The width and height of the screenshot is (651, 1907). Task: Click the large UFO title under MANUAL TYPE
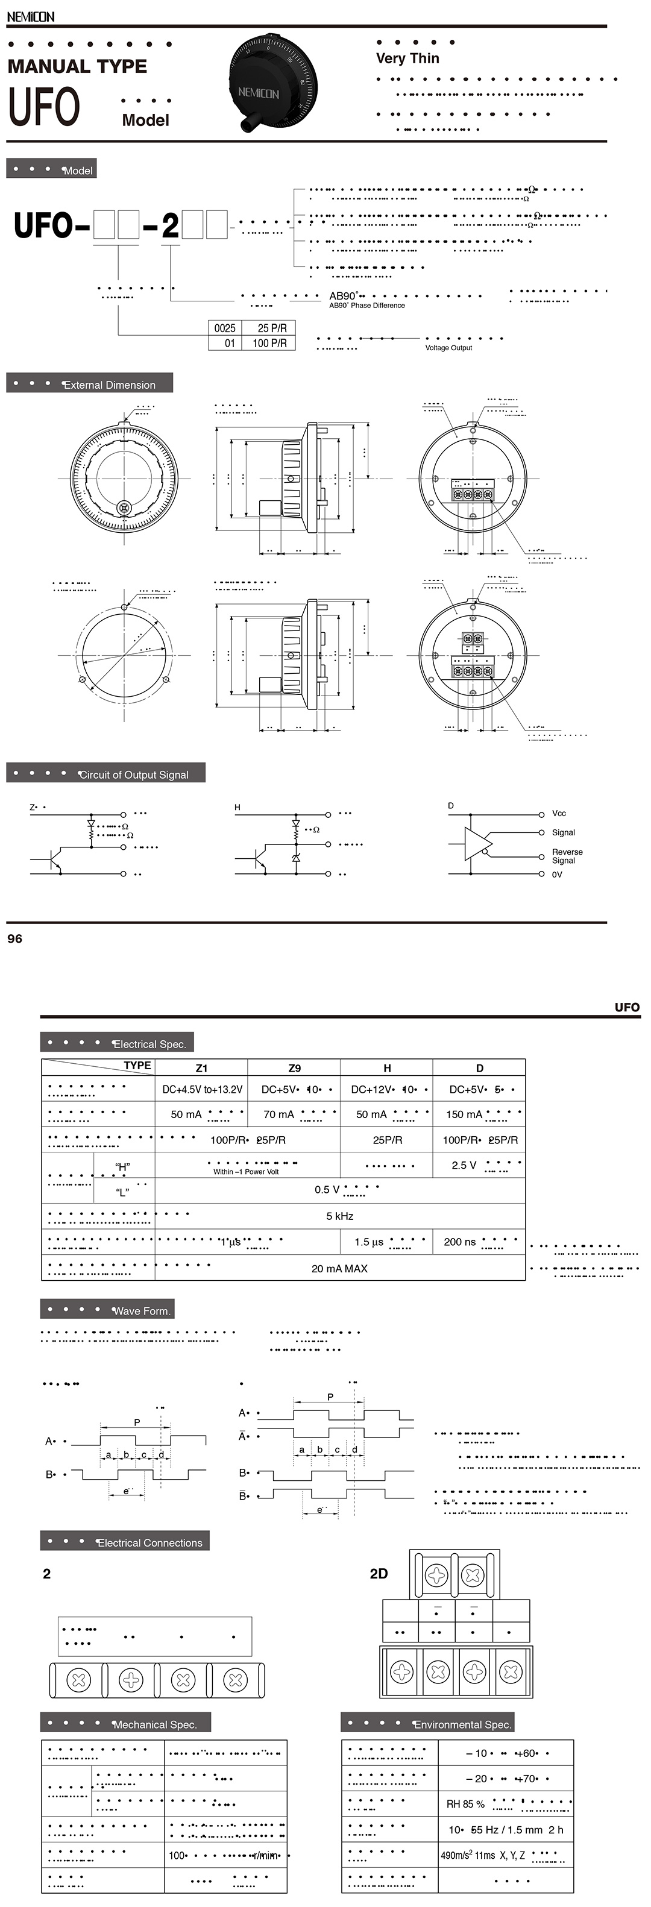43,107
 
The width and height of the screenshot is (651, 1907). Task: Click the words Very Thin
407,58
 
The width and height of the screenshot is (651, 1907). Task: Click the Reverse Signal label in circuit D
567,856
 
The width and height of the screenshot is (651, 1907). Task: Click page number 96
15,938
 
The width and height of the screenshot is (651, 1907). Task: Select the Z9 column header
294,1067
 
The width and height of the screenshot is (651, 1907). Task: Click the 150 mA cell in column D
464,1114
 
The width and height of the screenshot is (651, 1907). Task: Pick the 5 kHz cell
339,1216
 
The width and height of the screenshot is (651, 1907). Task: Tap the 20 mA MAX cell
339,1268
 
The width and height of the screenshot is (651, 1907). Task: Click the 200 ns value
459,1242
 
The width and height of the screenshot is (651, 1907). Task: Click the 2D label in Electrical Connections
379,1573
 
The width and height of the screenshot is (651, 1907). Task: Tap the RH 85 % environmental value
465,1804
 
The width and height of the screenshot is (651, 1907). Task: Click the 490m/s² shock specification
458,1855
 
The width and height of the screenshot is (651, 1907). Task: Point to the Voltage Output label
448,348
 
